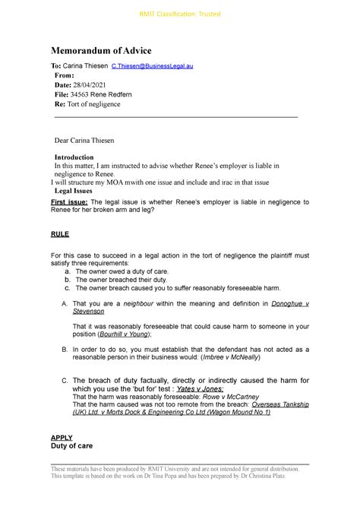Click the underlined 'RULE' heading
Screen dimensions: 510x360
(60, 234)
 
